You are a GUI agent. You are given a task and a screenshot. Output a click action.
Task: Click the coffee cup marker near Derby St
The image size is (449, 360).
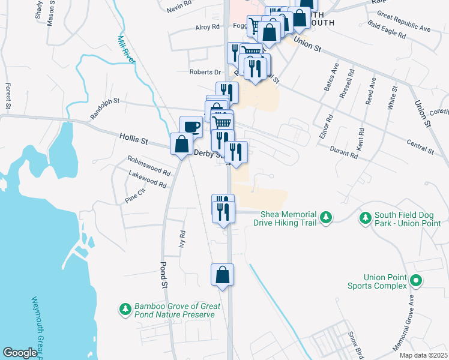click(191, 127)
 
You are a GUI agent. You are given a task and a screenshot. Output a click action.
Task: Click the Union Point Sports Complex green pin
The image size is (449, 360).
click(415, 280)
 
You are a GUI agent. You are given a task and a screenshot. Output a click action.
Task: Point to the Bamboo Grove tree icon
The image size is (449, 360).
click(125, 309)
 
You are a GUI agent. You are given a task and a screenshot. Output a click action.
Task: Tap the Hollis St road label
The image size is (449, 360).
click(133, 140)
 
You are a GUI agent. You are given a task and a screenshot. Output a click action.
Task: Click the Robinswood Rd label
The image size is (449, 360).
click(149, 165)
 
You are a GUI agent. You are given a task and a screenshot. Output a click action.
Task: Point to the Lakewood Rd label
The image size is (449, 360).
click(147, 179)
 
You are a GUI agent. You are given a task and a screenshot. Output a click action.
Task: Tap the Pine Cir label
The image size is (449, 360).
click(135, 195)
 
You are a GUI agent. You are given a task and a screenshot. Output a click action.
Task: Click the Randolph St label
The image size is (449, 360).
click(105, 108)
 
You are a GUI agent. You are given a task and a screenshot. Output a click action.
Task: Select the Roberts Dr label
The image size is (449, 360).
click(205, 72)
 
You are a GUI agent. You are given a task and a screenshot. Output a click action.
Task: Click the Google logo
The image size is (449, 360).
click(20, 353)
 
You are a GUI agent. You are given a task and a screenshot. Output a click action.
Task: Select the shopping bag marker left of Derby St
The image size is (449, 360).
click(181, 145)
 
